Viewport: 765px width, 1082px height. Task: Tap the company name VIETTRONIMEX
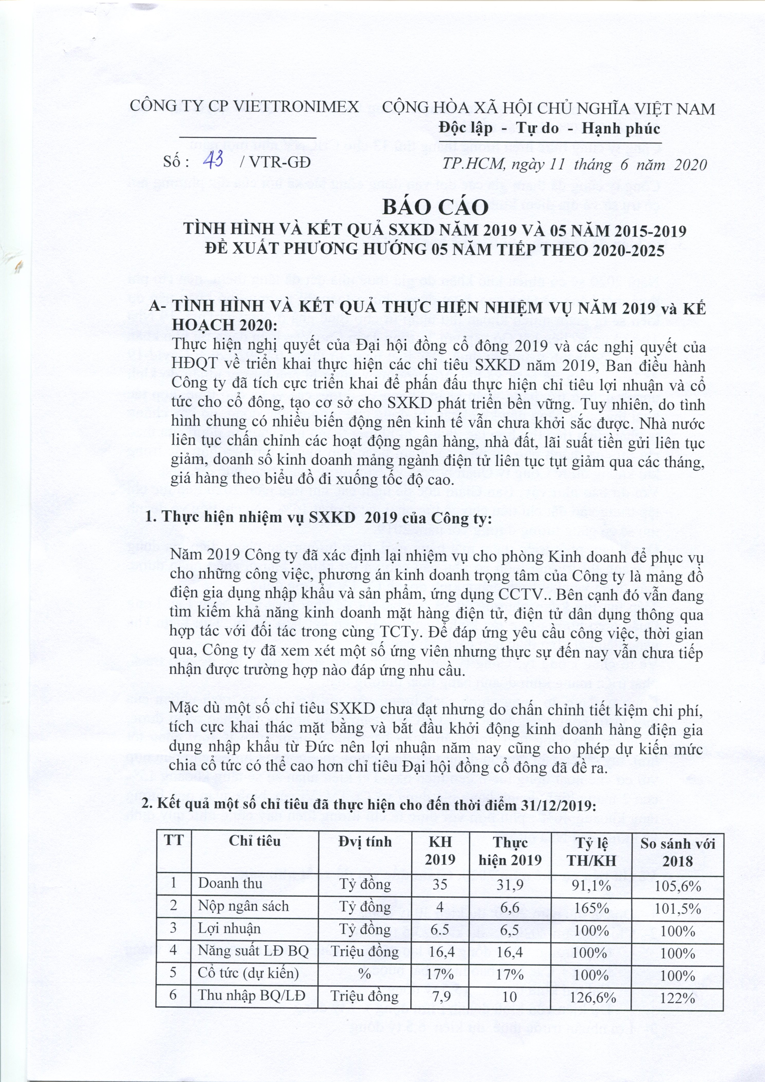tap(296, 106)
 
